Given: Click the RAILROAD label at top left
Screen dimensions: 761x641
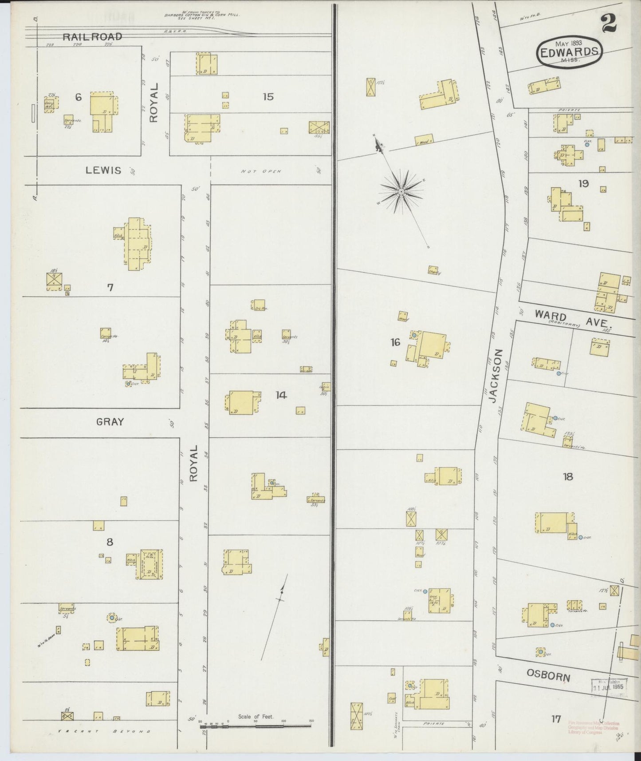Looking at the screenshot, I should pyautogui.click(x=92, y=37).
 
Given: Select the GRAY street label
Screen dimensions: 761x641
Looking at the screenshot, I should pyautogui.click(x=110, y=422).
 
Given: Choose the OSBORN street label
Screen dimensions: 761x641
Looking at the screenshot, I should pyautogui.click(x=548, y=677).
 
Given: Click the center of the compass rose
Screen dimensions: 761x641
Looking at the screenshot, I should pyautogui.click(x=401, y=191).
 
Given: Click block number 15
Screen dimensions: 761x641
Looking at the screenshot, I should pyautogui.click(x=267, y=96).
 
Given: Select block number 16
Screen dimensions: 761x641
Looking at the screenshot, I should pyautogui.click(x=395, y=342).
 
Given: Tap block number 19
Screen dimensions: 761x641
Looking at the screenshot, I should pyautogui.click(x=583, y=183).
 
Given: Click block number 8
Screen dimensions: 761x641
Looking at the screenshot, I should pyautogui.click(x=110, y=542).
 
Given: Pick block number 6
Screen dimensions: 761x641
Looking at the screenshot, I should pyautogui.click(x=78, y=97).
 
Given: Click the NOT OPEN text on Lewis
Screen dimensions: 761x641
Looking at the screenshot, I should pyautogui.click(x=261, y=171).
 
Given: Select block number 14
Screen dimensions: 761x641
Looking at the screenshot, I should pyautogui.click(x=281, y=395).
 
